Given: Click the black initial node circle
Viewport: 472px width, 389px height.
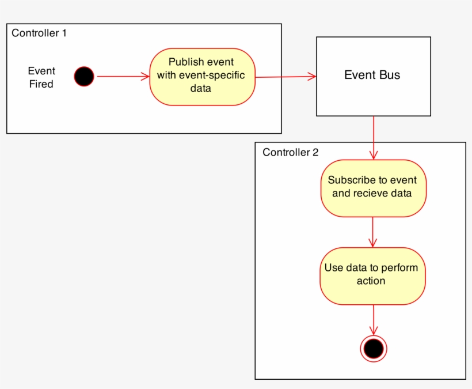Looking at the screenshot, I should click(84, 76).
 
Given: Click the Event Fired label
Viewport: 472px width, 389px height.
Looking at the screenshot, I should click(41, 77).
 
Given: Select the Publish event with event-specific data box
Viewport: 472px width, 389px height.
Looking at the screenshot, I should click(202, 77).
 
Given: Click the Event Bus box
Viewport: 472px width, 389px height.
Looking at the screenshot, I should click(373, 76).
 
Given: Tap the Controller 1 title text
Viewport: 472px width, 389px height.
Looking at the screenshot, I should click(39, 33).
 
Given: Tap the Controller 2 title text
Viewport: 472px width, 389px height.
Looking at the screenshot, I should click(290, 152).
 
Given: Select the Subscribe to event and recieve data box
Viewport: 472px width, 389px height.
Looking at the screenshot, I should click(373, 188).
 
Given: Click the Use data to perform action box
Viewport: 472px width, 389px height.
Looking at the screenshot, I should click(372, 275).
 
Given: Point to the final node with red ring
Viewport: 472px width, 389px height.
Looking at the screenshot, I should click(373, 348).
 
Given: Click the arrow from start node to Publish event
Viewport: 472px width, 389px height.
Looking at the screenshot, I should click(123, 76).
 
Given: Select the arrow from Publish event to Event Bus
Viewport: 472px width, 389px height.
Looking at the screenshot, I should click(286, 76).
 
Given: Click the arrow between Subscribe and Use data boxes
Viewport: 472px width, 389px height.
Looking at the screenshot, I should click(373, 232).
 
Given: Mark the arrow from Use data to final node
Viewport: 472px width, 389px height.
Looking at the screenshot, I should click(373, 319).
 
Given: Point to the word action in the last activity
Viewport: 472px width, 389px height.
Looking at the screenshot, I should click(371, 281).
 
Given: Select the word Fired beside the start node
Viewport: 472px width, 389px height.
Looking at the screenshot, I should click(41, 84).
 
